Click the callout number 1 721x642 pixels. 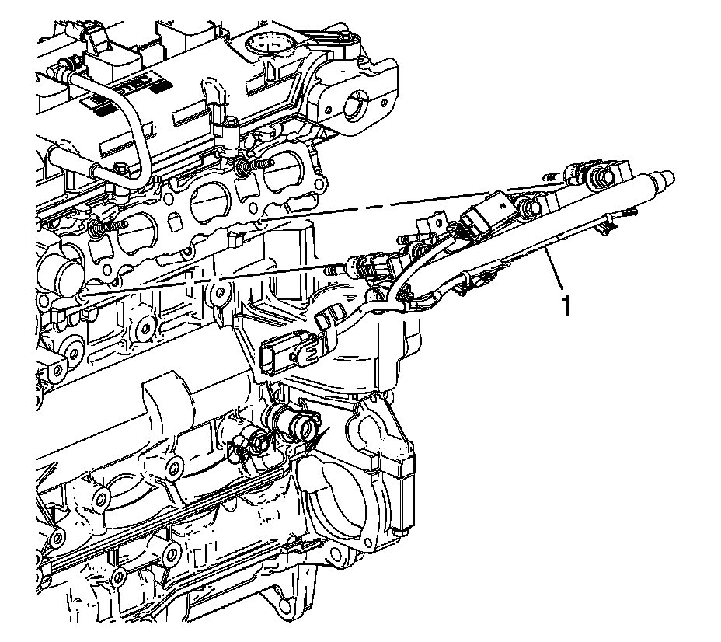click(x=567, y=305)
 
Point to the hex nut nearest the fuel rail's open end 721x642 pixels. click(x=600, y=175)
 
